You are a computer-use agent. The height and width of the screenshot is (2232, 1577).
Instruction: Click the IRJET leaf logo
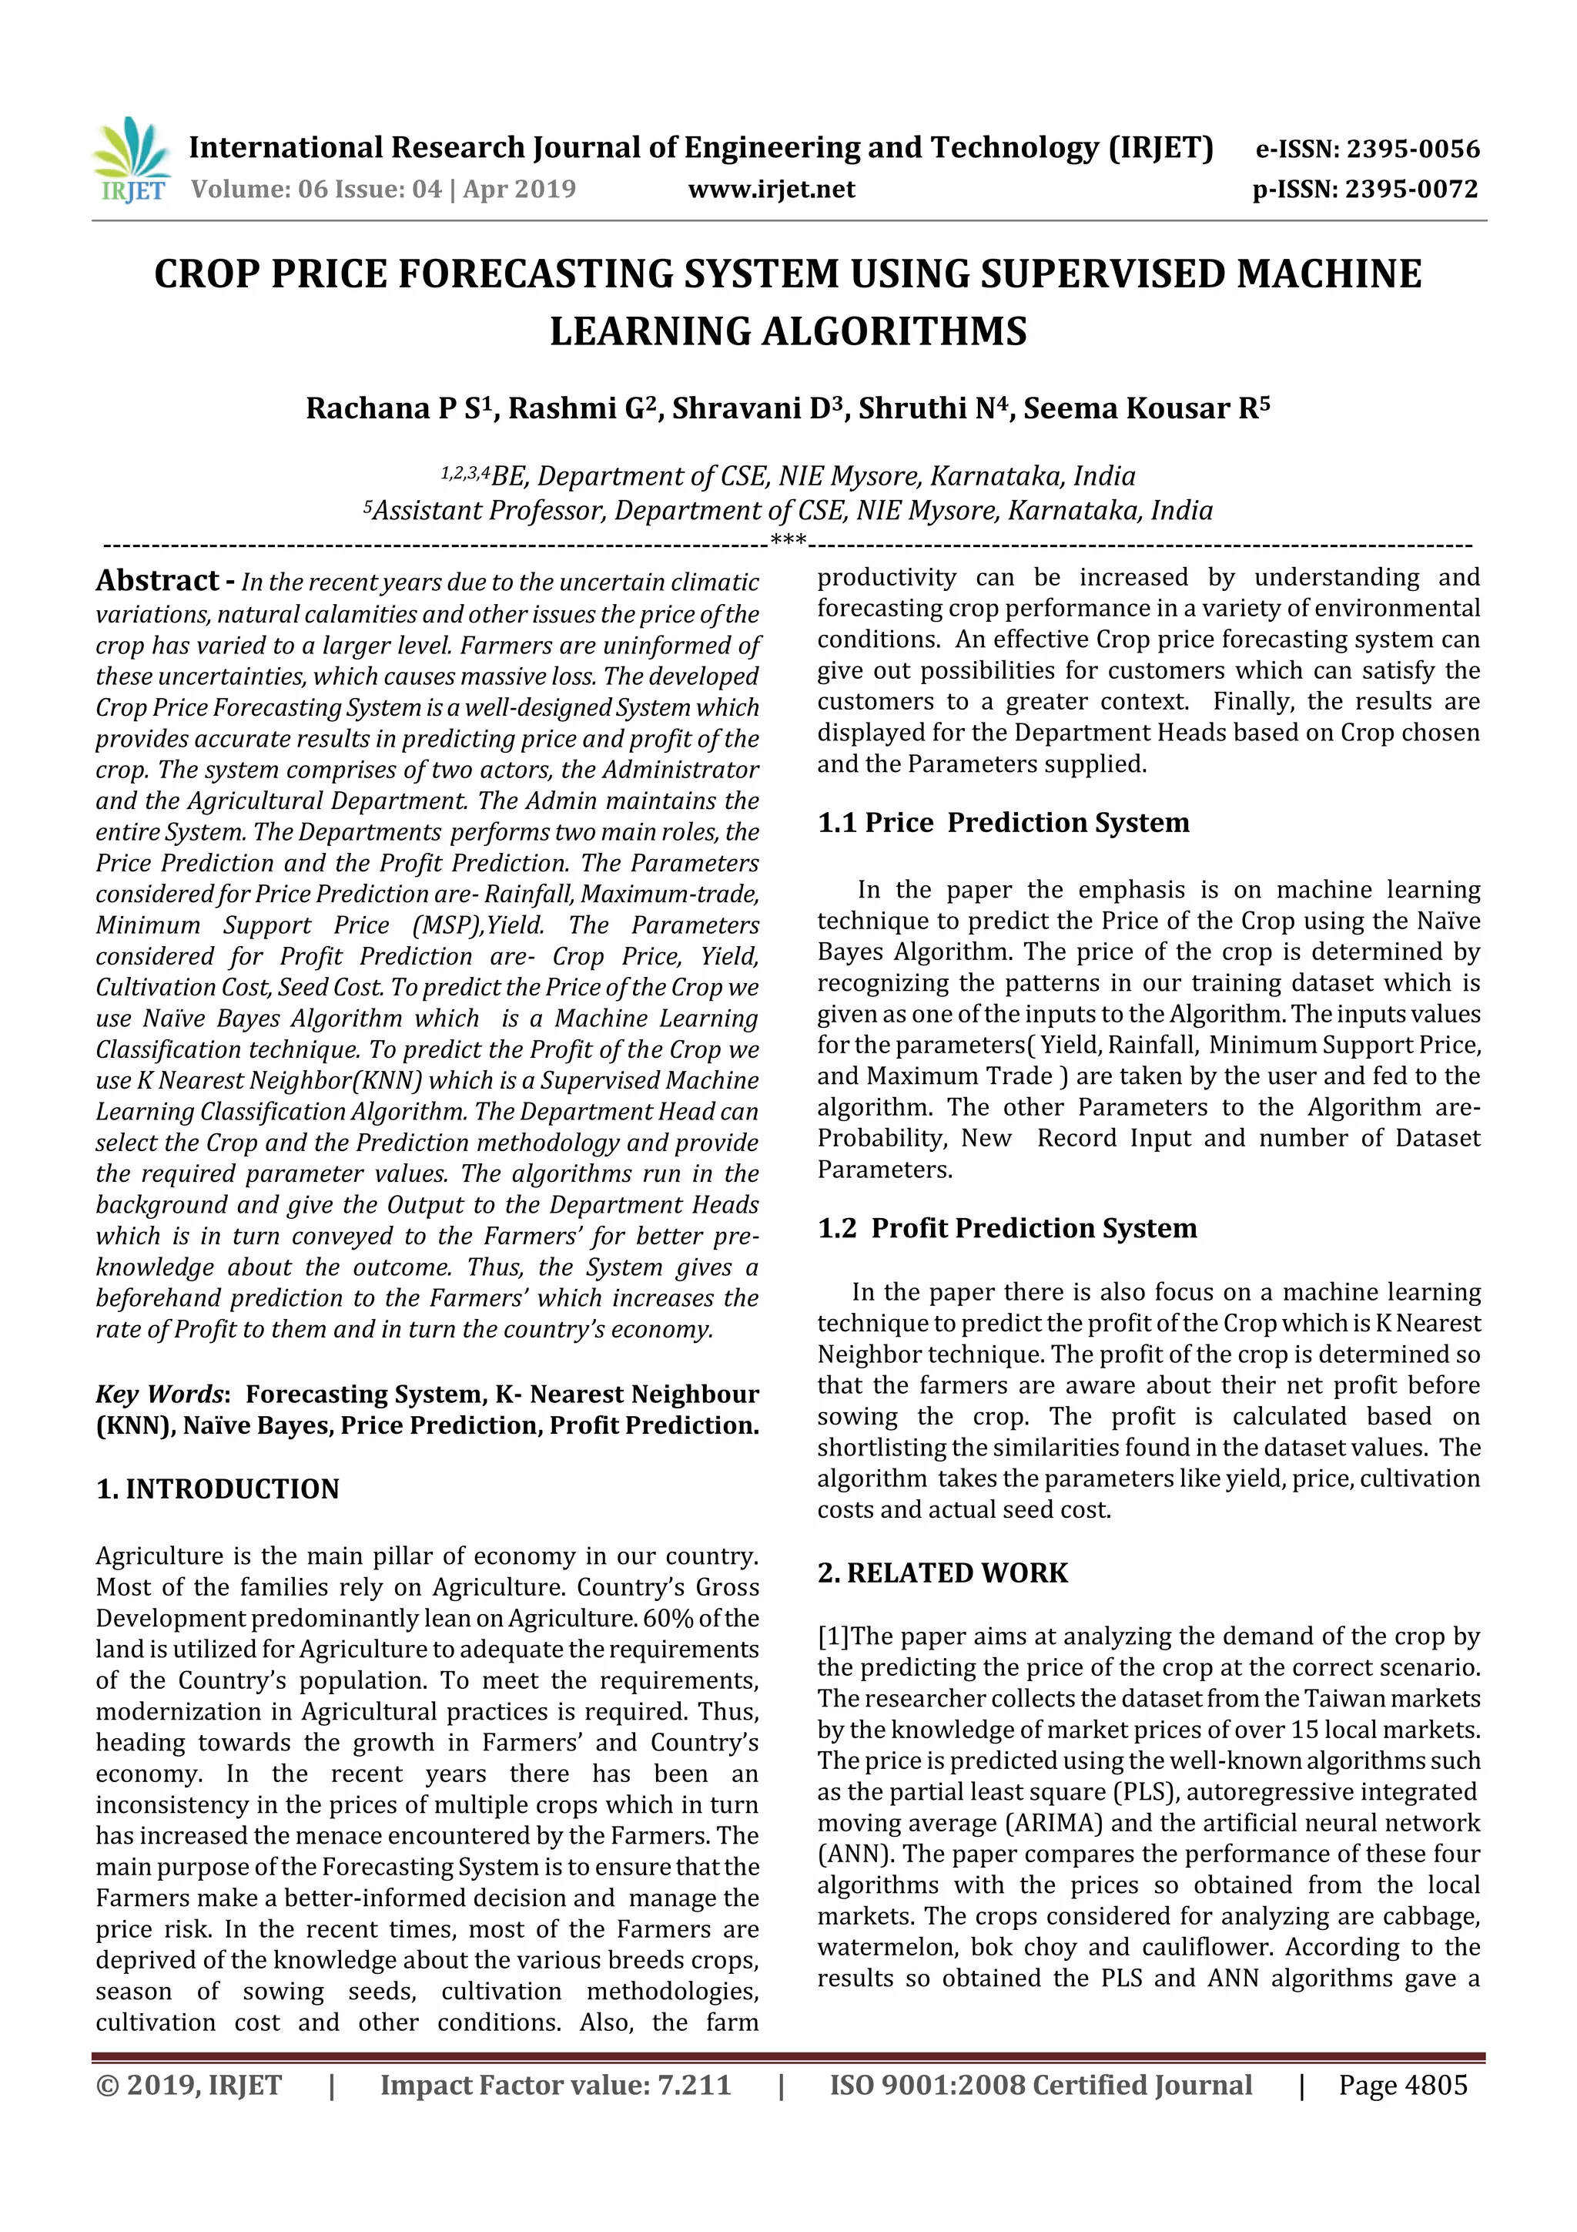(x=131, y=159)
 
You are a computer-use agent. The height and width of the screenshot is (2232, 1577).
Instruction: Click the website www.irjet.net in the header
(x=772, y=190)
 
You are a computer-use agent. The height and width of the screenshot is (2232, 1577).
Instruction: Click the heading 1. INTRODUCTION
(x=218, y=1489)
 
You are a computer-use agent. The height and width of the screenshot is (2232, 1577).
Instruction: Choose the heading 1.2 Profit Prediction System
(x=1006, y=1229)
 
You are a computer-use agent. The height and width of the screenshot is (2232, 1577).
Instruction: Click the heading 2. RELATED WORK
(x=943, y=1573)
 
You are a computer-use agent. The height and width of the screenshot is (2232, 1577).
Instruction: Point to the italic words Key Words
(x=159, y=1394)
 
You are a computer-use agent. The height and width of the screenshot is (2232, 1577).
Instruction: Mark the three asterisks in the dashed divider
(x=787, y=541)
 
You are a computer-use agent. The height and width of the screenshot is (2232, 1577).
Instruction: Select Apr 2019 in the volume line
(x=519, y=190)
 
